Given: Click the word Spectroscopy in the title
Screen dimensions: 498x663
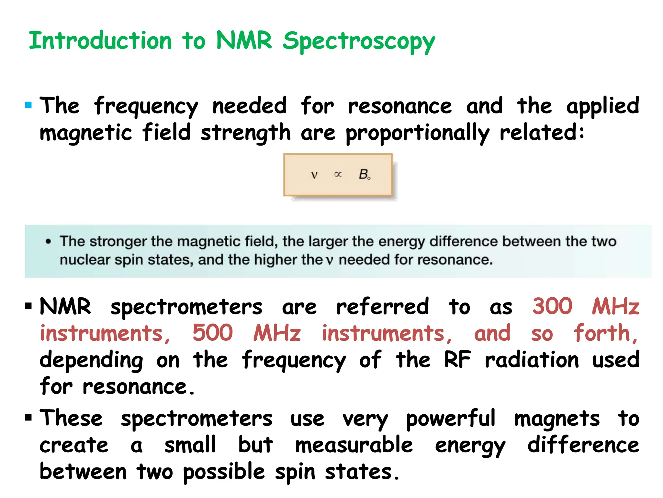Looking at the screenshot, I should (359, 41).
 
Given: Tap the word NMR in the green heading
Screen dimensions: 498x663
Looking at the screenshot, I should (244, 41).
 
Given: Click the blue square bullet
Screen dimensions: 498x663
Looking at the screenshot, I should (28, 105).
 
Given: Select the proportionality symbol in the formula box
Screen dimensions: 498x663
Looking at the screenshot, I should (338, 174).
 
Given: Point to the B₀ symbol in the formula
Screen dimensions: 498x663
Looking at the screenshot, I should (365, 174).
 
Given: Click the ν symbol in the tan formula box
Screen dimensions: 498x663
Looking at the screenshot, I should (314, 175).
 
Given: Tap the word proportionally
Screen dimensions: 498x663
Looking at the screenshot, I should (418, 133).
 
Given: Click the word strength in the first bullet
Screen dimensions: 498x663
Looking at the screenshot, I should (245, 133).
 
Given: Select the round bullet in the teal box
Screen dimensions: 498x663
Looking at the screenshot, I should (48, 242).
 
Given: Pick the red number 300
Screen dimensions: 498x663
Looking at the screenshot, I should (552, 306).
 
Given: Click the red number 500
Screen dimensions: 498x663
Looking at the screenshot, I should (212, 333).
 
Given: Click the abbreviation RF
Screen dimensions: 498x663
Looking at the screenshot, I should (457, 360).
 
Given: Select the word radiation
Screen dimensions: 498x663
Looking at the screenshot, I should (532, 360).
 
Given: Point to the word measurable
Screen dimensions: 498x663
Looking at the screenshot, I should (354, 445).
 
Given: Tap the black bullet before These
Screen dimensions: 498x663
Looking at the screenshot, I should (28, 417).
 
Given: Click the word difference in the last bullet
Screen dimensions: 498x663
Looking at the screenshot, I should (583, 445).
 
